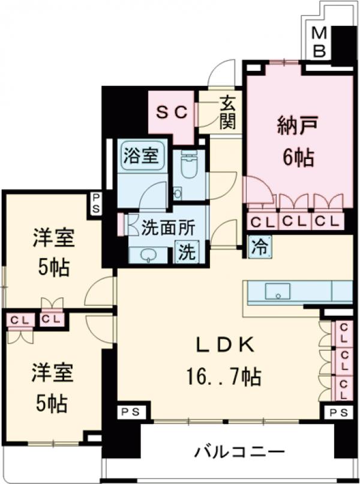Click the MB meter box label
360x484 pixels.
tap(320, 43)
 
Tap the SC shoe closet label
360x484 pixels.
tap(173, 112)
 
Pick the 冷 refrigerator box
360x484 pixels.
tap(259, 246)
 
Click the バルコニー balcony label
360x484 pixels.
tap(239, 451)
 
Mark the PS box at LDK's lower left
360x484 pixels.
tap(128, 412)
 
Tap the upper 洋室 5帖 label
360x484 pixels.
tap(53, 252)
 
